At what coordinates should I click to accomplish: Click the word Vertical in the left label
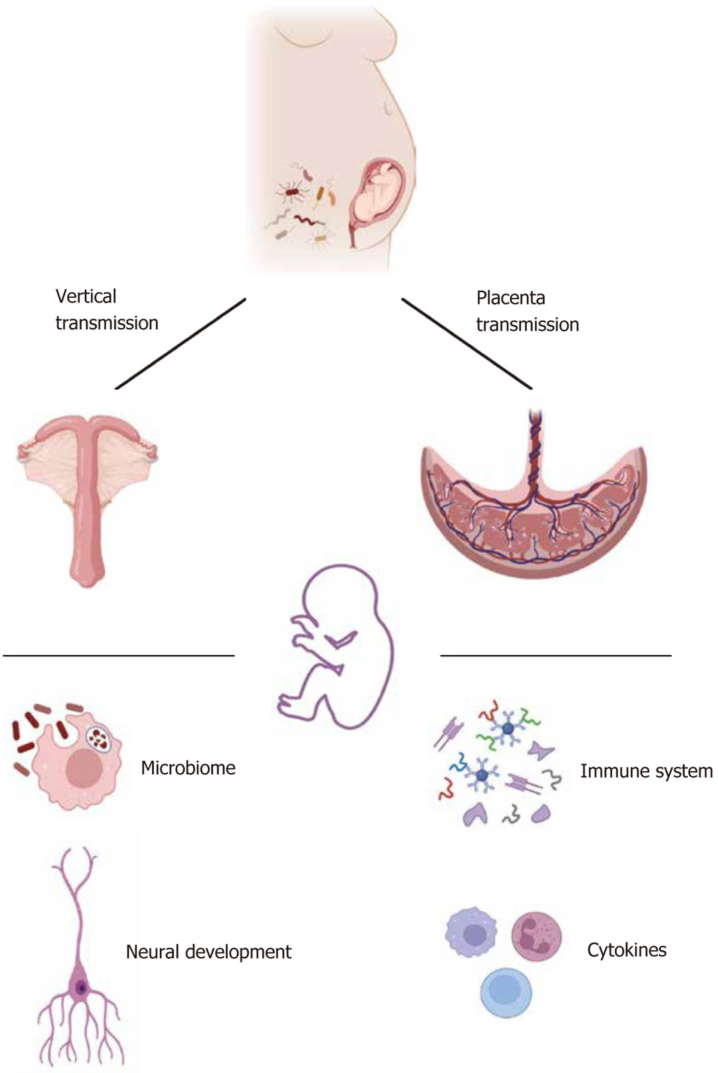[x=86, y=297]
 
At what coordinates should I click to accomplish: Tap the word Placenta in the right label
[x=510, y=298]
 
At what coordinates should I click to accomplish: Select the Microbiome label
[x=188, y=768]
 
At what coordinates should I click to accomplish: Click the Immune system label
[x=646, y=771]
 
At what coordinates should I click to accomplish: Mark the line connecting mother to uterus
[x=180, y=344]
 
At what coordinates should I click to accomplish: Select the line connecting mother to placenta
[x=466, y=344]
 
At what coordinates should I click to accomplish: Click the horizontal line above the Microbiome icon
[x=118, y=655]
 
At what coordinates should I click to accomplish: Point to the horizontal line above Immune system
[x=555, y=655]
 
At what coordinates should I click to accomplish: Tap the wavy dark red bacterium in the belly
[x=308, y=220]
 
